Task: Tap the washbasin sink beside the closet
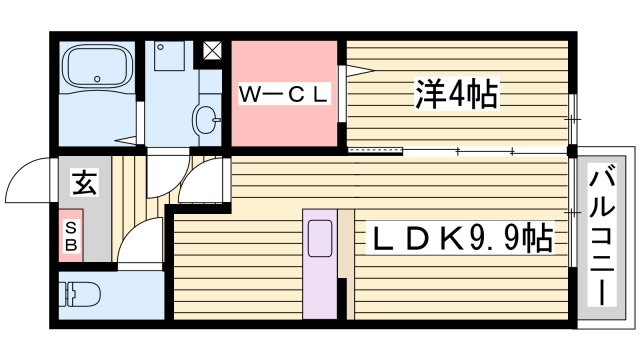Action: coord(209,118)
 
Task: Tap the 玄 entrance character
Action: coord(84,183)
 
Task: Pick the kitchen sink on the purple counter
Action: coord(320,240)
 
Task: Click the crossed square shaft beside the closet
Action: coord(213,50)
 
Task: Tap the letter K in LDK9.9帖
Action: coord(447,239)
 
